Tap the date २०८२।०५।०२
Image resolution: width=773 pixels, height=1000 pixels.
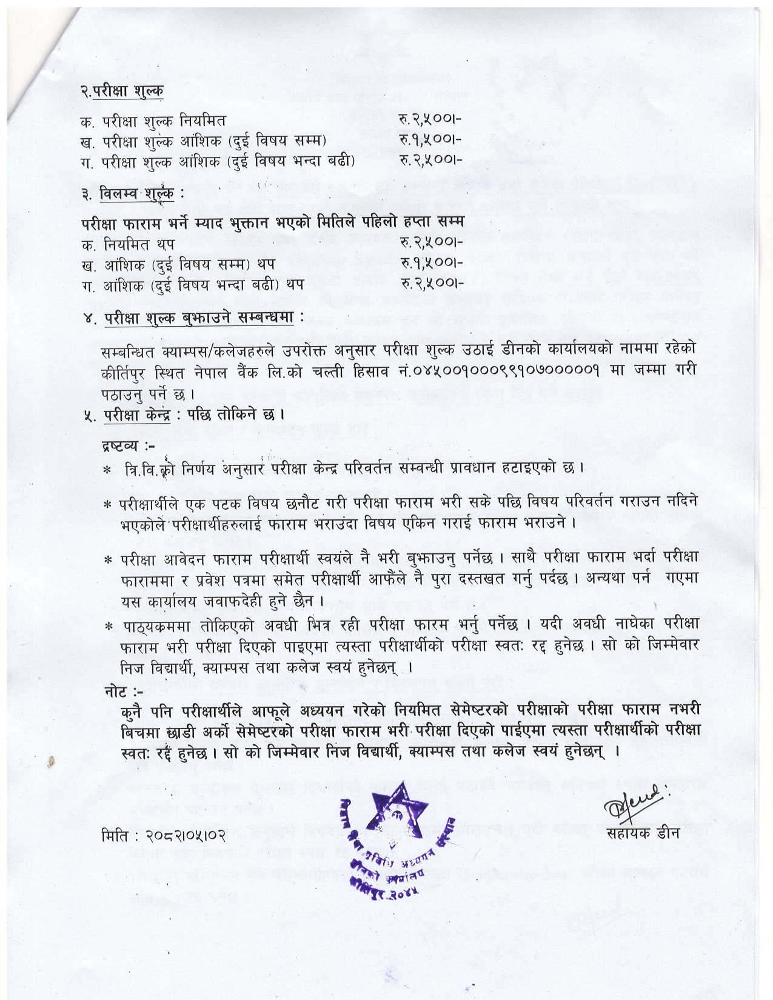[185, 835]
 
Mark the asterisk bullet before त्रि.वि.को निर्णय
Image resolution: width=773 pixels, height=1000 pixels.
[108, 470]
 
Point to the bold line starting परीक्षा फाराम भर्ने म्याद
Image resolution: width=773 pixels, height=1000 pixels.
[276, 222]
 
